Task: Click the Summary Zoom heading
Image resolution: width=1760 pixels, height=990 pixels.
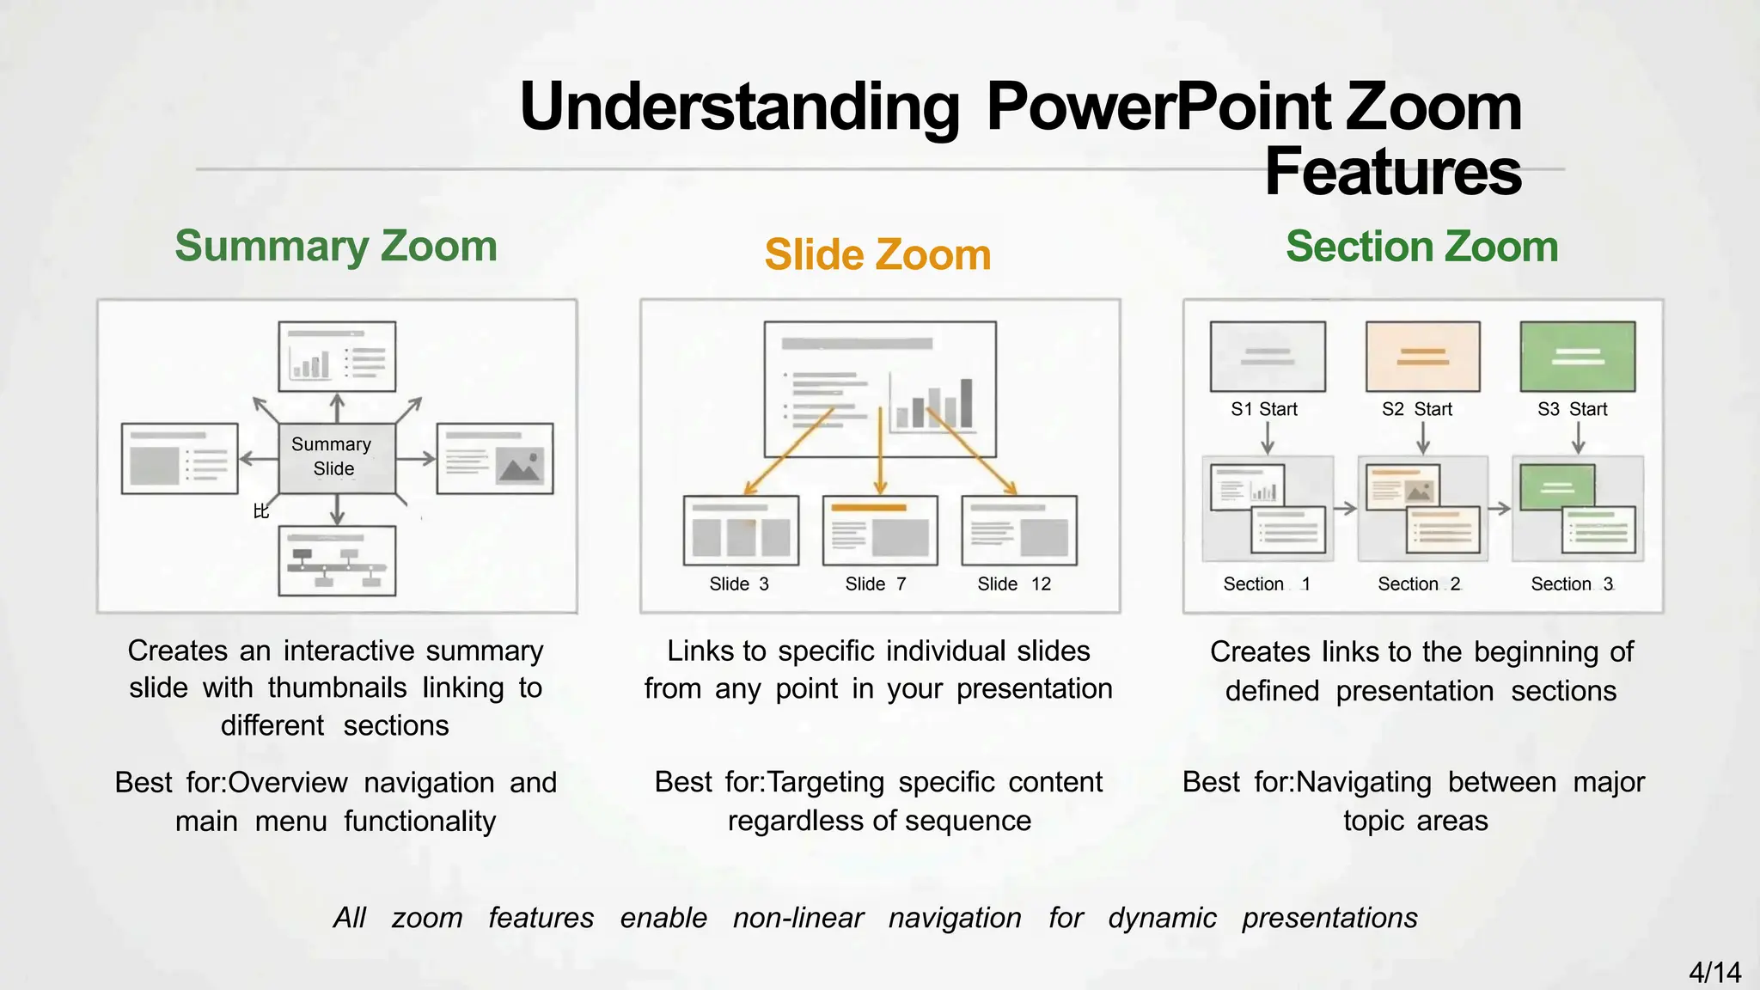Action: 336,247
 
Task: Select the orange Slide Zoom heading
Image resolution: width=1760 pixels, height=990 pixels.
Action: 877,255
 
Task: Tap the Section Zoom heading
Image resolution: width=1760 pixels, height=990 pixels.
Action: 1421,247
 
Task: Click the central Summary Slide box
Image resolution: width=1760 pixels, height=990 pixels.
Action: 337,458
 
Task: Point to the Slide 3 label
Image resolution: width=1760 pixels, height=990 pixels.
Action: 739,584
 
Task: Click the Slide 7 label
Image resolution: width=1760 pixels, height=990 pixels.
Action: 876,584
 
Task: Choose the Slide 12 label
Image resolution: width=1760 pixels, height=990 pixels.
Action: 1014,584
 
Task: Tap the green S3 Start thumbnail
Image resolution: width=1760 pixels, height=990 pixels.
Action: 1578,357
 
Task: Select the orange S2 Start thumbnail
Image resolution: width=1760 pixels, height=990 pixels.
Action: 1423,357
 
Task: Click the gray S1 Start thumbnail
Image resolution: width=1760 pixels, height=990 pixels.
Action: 1268,357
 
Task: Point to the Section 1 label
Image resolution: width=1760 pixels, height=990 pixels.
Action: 1267,584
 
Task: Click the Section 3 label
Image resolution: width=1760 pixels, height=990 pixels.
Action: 1573,584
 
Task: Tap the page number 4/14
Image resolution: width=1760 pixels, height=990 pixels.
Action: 1714,972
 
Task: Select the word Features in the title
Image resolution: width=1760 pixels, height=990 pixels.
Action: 1393,172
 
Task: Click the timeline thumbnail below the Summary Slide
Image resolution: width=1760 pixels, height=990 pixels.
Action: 337,561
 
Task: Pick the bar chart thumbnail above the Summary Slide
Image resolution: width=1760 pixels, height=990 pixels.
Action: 337,357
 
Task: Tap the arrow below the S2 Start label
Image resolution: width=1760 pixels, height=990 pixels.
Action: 1423,438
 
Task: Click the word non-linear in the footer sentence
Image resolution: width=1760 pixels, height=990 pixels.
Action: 798,918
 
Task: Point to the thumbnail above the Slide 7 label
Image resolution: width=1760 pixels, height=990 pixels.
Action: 880,530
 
